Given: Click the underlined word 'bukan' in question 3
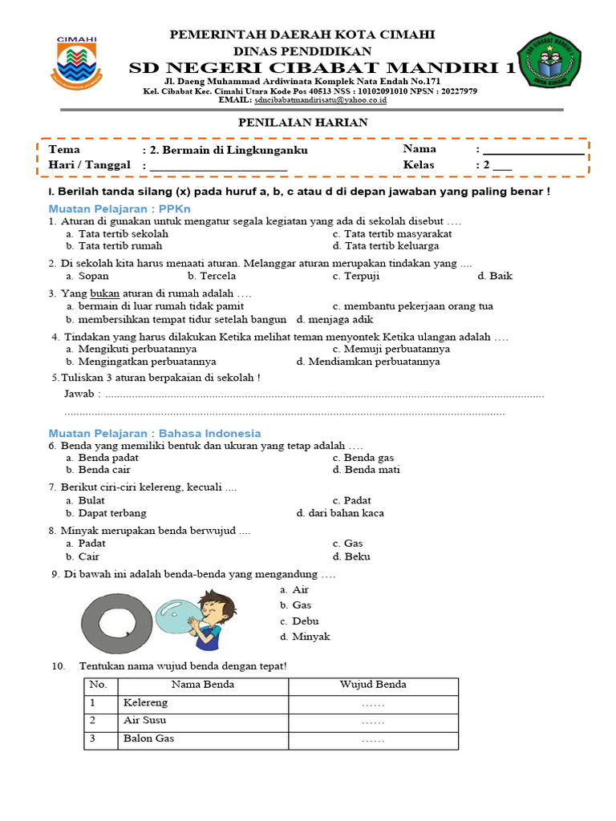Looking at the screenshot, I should point(104,293).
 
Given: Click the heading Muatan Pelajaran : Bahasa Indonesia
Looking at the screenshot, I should point(155,433).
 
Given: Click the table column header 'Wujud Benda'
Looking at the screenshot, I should point(373,685).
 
